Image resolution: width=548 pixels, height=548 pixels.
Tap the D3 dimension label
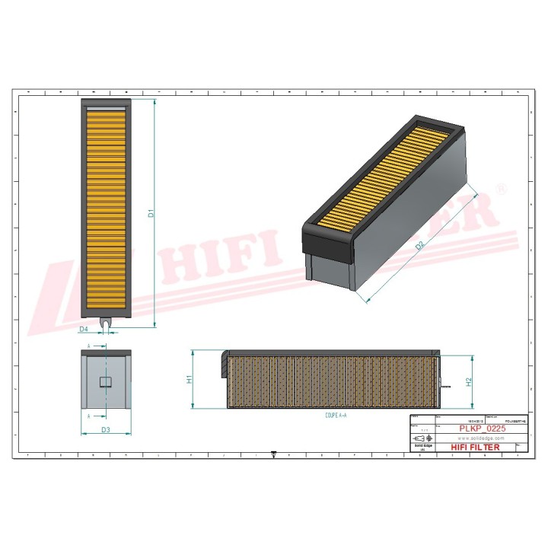click(106, 430)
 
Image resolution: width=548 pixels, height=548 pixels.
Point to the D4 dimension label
click(84, 329)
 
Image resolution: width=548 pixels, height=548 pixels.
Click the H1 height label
click(189, 379)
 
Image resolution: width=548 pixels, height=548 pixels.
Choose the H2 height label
click(469, 382)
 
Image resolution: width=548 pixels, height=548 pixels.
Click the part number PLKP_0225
click(482, 429)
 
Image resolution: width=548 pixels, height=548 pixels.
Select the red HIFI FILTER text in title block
click(476, 448)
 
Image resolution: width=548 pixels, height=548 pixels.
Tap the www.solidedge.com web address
click(482, 438)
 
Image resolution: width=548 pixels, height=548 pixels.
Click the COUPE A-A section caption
click(335, 416)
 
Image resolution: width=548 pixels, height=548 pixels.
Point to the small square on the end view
click(106, 380)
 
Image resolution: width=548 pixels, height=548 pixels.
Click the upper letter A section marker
click(90, 346)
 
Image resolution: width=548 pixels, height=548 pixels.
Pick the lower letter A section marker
click(90, 416)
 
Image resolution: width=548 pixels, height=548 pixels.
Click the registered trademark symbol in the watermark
click(501, 187)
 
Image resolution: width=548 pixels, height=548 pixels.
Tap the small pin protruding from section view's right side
click(444, 384)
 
